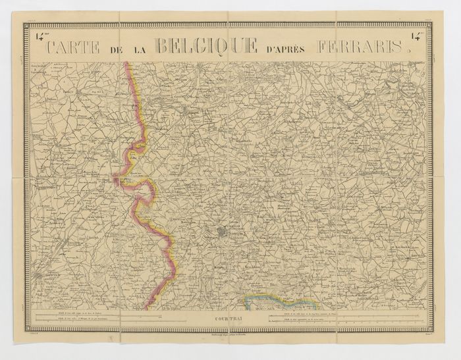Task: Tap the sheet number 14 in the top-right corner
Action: (x=418, y=37)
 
